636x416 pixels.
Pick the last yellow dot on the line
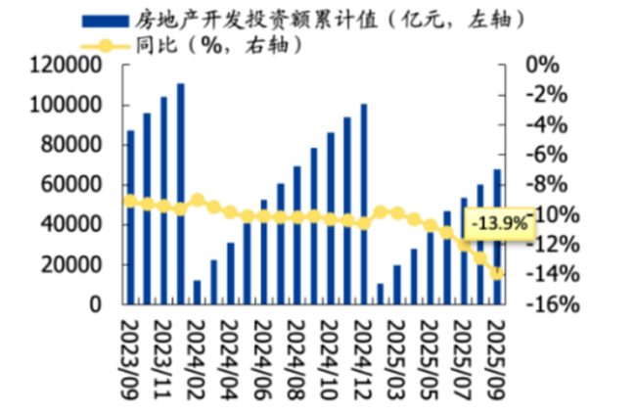coord(497,273)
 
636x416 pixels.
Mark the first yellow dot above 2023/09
coord(130,201)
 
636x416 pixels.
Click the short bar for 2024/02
coord(197,292)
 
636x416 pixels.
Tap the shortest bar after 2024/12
coord(381,294)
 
